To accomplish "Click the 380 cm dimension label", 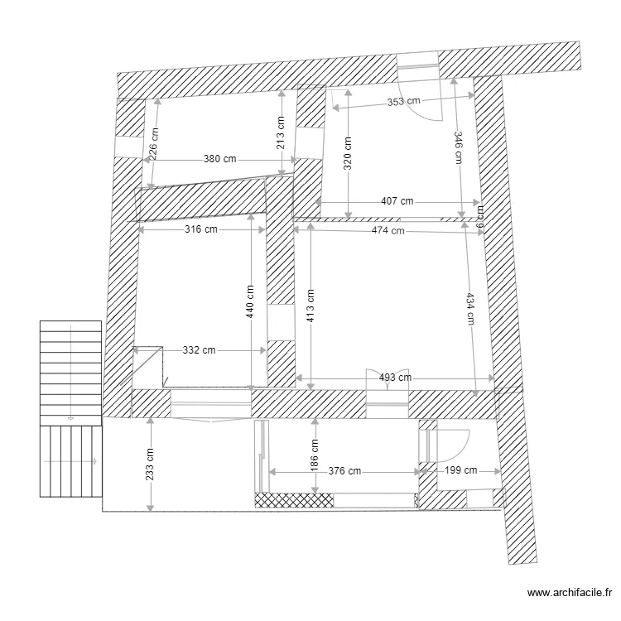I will [x=219, y=159].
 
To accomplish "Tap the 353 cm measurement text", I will [x=404, y=101].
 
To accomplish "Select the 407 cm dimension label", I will [x=397, y=201].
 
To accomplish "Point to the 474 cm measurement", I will [x=388, y=231].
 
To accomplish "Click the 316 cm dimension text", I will [x=200, y=229].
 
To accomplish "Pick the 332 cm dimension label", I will [x=199, y=350].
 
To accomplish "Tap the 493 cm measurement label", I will [x=394, y=378].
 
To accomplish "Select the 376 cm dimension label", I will [x=344, y=471].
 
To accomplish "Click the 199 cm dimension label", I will [x=461, y=471].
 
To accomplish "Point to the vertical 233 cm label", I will [x=150, y=465].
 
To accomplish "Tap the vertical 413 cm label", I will [x=310, y=305].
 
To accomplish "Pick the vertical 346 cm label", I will [x=457, y=149].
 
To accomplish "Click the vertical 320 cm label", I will [x=349, y=170].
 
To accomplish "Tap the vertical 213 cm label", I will [x=282, y=133].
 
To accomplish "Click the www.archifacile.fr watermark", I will [x=569, y=593].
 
